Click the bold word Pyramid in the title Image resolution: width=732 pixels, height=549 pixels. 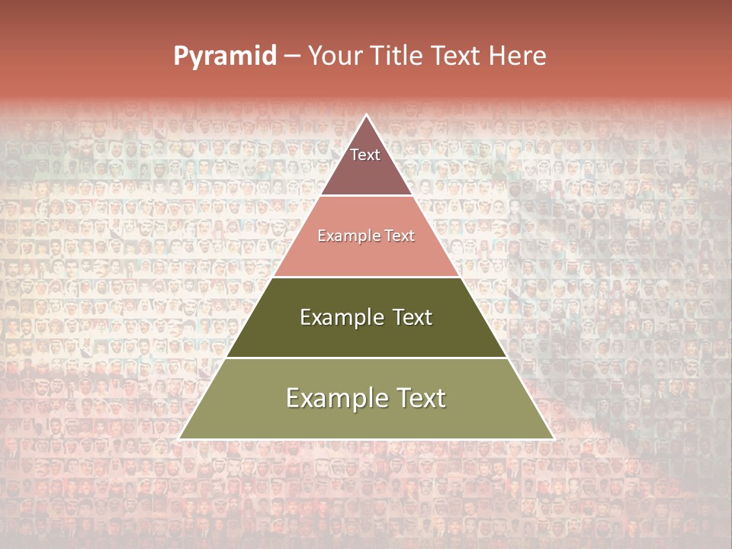225,56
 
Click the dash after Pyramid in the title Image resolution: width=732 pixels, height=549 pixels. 292,56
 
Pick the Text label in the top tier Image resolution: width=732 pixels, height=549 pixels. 365,155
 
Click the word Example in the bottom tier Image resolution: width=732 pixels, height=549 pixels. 335,398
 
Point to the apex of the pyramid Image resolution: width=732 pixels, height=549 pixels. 367,115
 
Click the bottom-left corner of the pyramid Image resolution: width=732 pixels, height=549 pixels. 180,438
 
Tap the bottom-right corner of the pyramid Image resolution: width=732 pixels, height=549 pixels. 553,438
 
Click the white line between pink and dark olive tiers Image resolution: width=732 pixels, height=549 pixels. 367,277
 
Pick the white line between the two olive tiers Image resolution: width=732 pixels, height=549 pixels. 367,358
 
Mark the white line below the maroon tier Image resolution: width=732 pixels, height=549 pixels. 367,196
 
